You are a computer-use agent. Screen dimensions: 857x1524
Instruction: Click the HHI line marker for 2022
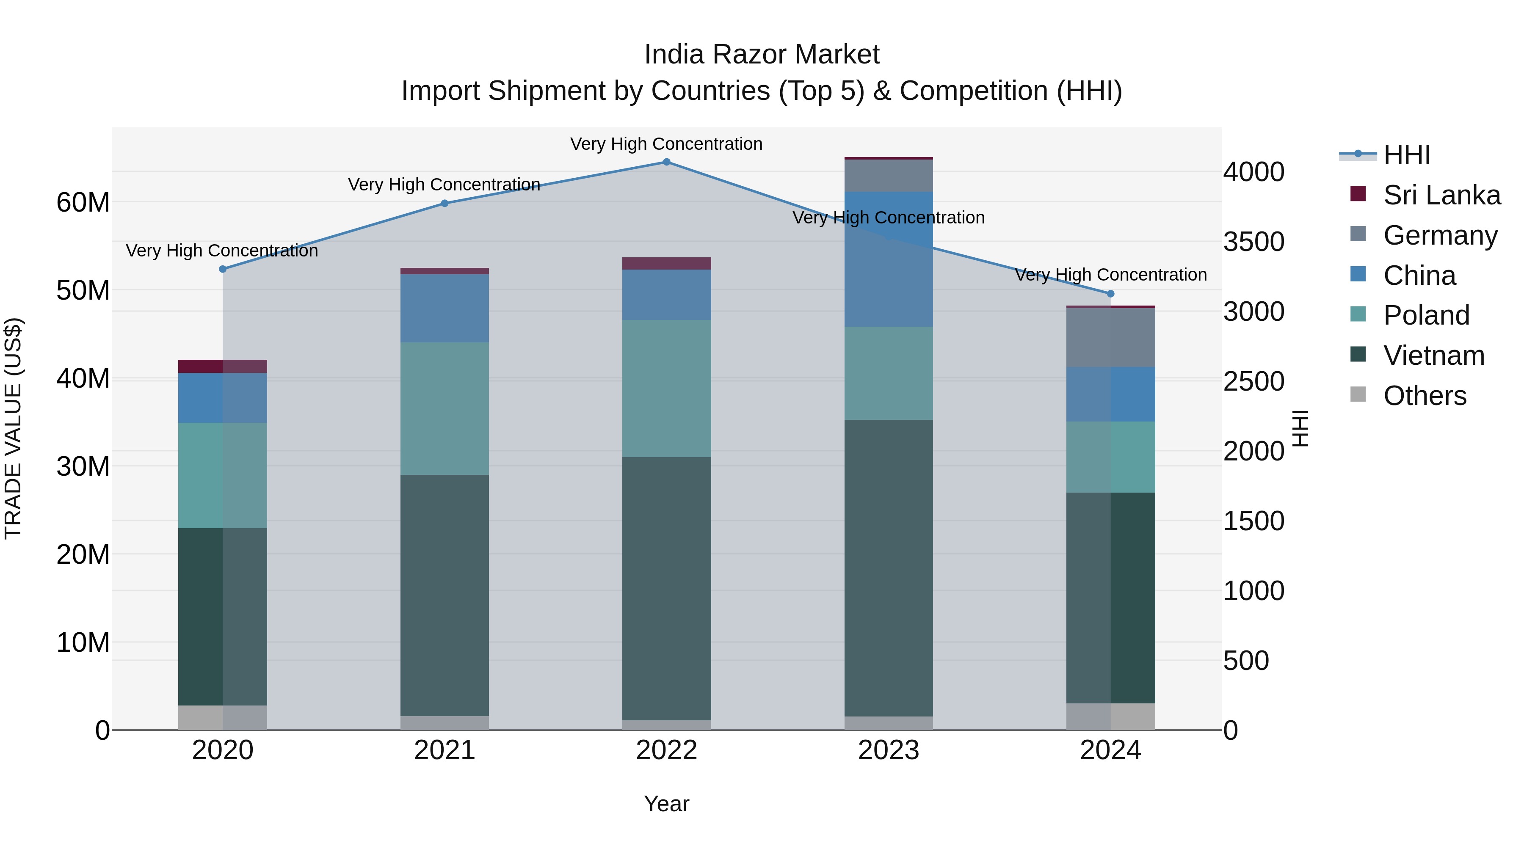click(666, 162)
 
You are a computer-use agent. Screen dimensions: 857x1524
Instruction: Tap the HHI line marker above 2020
click(222, 269)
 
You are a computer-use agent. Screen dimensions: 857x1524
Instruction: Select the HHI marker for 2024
click(1110, 294)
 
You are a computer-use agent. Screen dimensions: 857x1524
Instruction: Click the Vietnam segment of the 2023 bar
click(888, 568)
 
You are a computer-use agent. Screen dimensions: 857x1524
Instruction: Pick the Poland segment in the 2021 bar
click(444, 408)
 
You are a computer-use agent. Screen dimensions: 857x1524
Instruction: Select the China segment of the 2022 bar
click(666, 295)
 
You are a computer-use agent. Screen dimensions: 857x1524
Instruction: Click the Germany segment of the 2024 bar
click(1110, 337)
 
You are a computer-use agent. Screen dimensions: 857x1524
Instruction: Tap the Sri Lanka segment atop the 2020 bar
click(222, 366)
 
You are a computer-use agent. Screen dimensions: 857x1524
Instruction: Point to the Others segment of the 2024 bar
click(1110, 716)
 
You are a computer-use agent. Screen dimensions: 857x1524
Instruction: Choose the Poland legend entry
click(1426, 315)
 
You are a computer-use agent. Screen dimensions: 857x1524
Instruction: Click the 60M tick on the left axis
click(83, 203)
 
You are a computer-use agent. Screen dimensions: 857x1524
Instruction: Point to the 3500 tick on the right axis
click(1253, 242)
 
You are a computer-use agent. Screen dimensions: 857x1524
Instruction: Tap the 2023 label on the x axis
click(888, 750)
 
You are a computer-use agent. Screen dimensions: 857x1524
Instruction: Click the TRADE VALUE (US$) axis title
click(13, 428)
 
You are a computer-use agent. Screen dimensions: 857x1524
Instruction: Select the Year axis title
click(666, 804)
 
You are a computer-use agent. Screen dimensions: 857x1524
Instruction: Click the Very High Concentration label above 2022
click(666, 144)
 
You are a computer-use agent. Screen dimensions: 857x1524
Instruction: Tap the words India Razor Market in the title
click(762, 55)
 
